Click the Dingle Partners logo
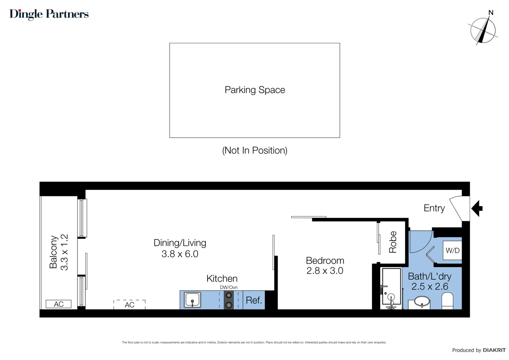click(x=49, y=14)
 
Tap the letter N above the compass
click(x=491, y=13)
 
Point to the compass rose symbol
click(x=483, y=30)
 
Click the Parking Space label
click(x=255, y=90)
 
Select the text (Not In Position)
click(x=255, y=151)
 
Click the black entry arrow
click(x=477, y=208)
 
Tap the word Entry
click(x=434, y=208)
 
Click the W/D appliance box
click(x=452, y=250)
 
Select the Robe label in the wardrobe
click(x=393, y=242)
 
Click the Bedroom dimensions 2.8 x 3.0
click(x=325, y=271)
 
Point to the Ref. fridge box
click(x=254, y=300)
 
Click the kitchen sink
click(x=192, y=300)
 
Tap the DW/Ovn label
click(x=229, y=287)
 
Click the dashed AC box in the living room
click(x=130, y=305)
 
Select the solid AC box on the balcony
click(x=59, y=304)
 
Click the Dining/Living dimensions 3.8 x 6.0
click(x=180, y=254)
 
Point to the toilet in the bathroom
click(x=447, y=301)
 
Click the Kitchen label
click(x=222, y=279)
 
